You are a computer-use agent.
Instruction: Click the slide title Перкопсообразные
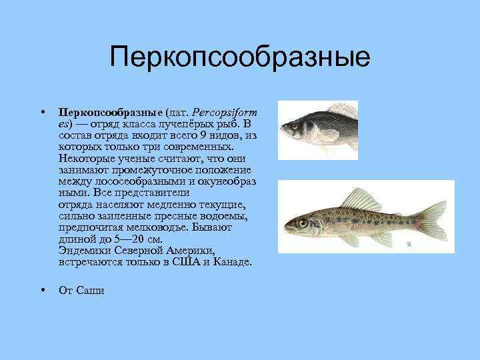coord(240,57)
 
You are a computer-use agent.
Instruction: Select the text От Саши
coord(81,290)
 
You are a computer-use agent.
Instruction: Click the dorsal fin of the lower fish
coord(361,198)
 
